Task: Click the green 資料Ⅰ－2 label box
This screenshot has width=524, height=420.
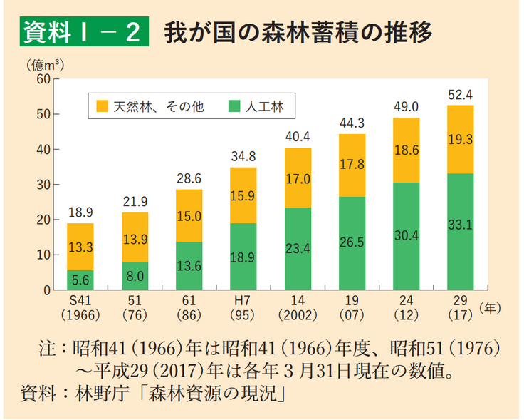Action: [83, 32]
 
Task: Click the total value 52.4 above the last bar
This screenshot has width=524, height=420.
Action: [461, 94]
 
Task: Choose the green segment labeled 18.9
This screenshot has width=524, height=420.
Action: [243, 257]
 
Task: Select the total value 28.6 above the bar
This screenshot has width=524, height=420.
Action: [189, 178]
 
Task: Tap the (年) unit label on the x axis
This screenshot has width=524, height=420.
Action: [491, 308]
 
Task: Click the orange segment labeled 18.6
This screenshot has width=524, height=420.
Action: [407, 150]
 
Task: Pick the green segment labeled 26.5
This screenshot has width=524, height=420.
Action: [352, 243]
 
